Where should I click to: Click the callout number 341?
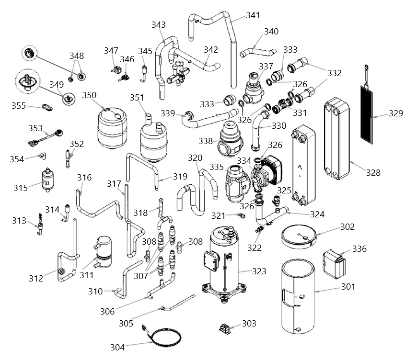click(253, 15)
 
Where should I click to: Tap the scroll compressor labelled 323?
click(224, 263)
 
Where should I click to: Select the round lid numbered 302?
click(299, 236)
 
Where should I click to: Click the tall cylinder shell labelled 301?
click(298, 297)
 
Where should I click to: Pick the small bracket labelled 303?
click(225, 329)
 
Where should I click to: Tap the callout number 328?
click(373, 172)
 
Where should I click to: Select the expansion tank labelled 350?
click(112, 128)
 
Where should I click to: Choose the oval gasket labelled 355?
click(47, 107)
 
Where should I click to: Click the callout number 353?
click(35, 128)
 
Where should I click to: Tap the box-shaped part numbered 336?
click(334, 263)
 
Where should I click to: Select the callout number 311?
click(86, 275)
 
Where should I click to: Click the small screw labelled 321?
click(242, 215)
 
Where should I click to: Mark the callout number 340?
click(271, 32)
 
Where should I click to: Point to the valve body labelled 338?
click(231, 140)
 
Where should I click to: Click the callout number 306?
click(107, 312)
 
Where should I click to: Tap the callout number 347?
click(111, 51)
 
